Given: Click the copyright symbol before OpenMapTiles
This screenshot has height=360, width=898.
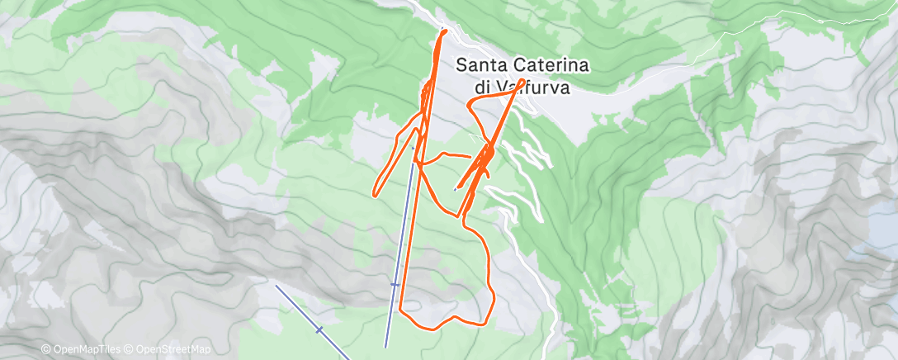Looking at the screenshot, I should tap(45, 350).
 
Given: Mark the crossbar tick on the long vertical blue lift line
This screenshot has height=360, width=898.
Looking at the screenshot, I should tap(395, 285).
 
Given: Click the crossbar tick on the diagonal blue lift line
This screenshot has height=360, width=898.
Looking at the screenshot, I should tap(319, 329).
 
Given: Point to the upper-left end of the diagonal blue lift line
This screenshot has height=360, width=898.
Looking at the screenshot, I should tap(276, 287).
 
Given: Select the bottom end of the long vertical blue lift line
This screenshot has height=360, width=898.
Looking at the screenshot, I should tap(386, 346).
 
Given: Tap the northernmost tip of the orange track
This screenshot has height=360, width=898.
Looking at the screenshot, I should tap(444, 31).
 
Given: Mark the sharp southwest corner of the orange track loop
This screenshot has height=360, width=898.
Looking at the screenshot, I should tap(402, 311).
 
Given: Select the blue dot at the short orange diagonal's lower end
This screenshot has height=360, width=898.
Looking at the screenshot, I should tap(456, 189).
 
